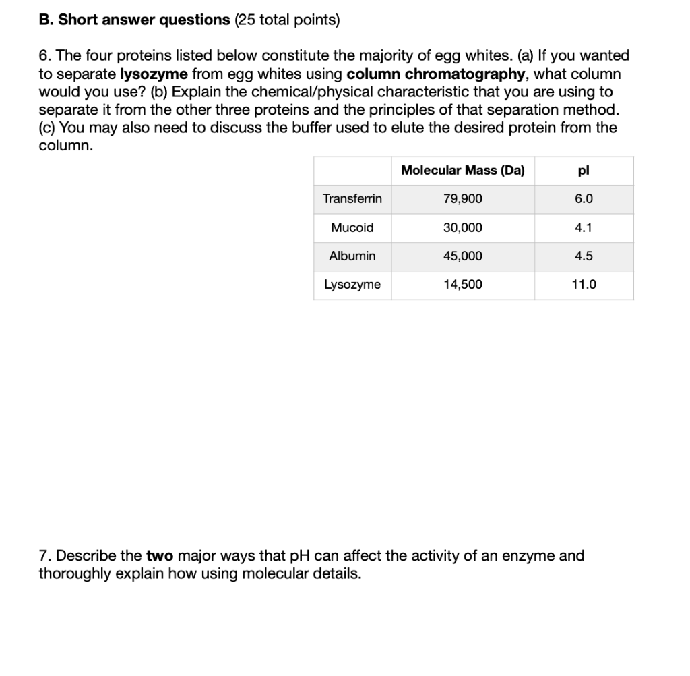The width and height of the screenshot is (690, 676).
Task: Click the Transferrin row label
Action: click(x=352, y=199)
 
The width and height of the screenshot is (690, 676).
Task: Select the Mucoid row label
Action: click(x=352, y=227)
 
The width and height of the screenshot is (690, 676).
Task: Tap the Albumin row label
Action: click(x=352, y=256)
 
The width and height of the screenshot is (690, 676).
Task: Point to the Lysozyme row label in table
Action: click(x=352, y=285)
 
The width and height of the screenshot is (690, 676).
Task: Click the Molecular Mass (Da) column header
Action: click(x=462, y=170)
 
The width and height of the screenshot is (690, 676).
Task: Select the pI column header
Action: click(x=584, y=170)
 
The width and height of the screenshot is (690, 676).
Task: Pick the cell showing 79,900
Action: click(x=462, y=199)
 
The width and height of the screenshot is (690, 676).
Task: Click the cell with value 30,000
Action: click(x=462, y=227)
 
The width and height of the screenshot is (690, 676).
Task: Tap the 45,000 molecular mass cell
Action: click(x=462, y=256)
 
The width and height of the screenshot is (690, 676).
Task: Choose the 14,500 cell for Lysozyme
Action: click(x=462, y=285)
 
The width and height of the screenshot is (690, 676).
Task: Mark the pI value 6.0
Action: click(x=584, y=199)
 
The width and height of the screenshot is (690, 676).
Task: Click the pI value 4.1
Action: click(x=584, y=227)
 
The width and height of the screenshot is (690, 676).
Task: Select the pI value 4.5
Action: click(x=584, y=256)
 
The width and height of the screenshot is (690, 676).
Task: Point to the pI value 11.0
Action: click(x=584, y=285)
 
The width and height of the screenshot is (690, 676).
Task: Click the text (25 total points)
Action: click(x=287, y=20)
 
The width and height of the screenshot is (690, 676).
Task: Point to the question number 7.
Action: click(x=44, y=557)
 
